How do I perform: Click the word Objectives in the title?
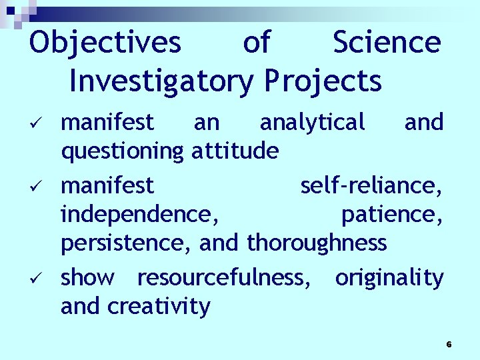pos(105,43)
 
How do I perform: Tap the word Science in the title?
pos(387,42)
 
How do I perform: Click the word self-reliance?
pos(371,185)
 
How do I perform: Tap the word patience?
pos(392,214)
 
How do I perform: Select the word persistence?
pos(127,243)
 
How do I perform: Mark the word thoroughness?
pos(317,243)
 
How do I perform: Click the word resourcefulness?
pos(223,277)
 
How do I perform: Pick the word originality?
pos(389,277)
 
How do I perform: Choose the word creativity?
pos(159,307)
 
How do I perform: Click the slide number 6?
pos(449,344)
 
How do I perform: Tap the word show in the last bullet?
pos(87,277)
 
